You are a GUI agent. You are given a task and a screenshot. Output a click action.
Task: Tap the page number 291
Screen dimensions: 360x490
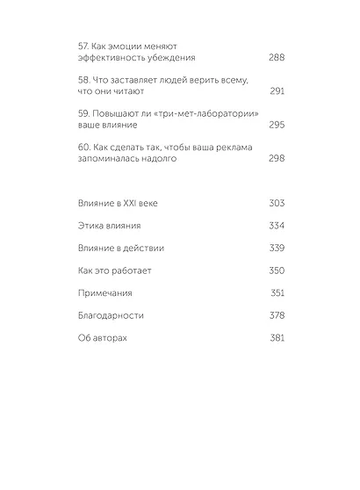(x=277, y=90)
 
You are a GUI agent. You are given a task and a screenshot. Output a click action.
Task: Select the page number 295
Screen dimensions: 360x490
(x=277, y=125)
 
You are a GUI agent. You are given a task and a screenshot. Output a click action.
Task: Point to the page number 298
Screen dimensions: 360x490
(x=277, y=159)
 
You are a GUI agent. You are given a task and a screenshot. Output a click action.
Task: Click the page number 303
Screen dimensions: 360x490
(x=277, y=204)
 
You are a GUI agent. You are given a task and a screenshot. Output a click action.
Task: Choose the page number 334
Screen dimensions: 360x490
(x=277, y=226)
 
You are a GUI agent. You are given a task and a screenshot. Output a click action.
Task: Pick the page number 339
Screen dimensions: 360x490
(x=277, y=249)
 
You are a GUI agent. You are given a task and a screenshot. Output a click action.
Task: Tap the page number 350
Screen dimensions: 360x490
(x=277, y=270)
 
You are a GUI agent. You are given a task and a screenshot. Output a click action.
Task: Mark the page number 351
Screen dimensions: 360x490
(x=277, y=292)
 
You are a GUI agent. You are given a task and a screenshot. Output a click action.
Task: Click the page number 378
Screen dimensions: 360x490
(x=277, y=315)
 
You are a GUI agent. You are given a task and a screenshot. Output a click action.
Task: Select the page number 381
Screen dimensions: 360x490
(x=277, y=337)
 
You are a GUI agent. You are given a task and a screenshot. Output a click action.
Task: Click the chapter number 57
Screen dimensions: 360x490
(x=84, y=44)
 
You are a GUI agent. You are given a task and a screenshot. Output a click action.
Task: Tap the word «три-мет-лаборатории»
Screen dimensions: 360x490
(x=193, y=112)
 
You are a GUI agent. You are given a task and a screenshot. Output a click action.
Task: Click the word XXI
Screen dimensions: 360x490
(x=131, y=204)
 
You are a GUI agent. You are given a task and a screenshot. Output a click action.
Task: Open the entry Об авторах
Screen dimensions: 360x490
(x=103, y=337)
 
